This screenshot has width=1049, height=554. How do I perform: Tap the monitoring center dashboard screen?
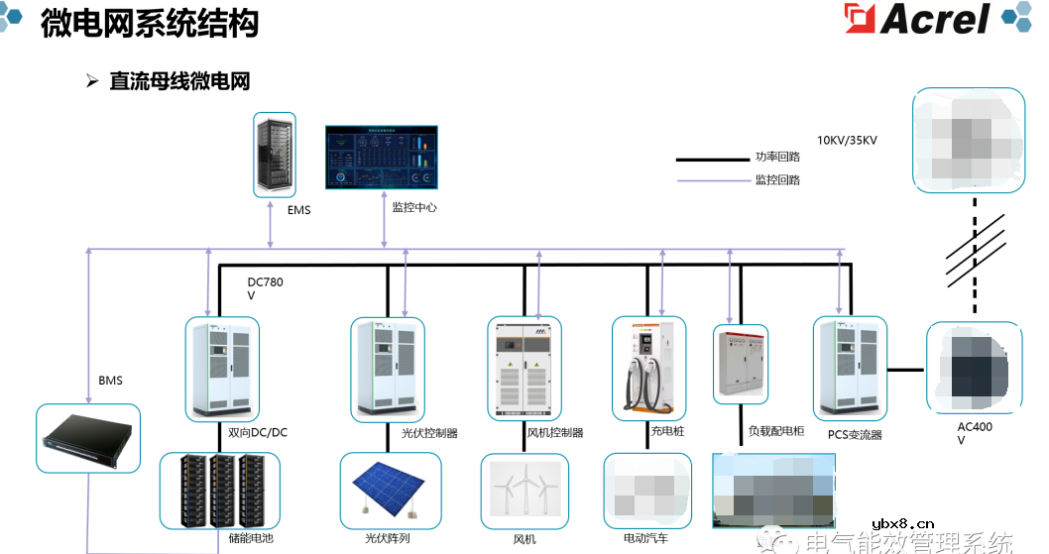coord(382,157)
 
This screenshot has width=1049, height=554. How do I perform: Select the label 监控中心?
coord(413,208)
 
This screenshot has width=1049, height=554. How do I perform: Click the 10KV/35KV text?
coord(847,141)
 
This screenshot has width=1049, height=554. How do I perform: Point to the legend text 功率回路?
coord(777,157)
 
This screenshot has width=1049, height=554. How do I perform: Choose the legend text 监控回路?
coord(777,180)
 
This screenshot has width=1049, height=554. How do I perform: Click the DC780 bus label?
coord(265,283)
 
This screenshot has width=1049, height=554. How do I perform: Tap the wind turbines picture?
coord(524,491)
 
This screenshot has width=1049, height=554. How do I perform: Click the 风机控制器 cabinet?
coord(524,369)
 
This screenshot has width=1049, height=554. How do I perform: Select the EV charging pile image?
coord(648,368)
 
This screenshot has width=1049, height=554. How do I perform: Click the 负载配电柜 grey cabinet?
coord(740,364)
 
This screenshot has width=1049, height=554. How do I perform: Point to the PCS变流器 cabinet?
coord(848,368)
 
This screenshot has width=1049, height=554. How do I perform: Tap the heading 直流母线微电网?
coord(179,81)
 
